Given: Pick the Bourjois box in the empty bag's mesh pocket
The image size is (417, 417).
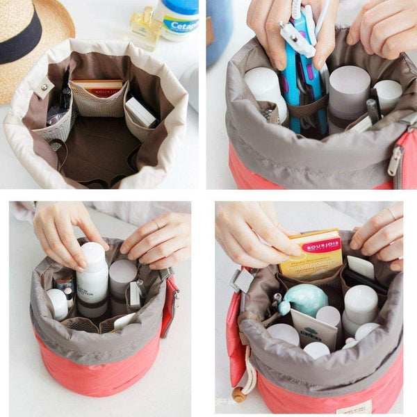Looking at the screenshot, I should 98,88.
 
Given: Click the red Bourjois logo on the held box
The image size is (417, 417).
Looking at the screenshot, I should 321,245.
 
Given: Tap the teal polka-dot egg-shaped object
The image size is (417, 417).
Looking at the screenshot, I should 304,299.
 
